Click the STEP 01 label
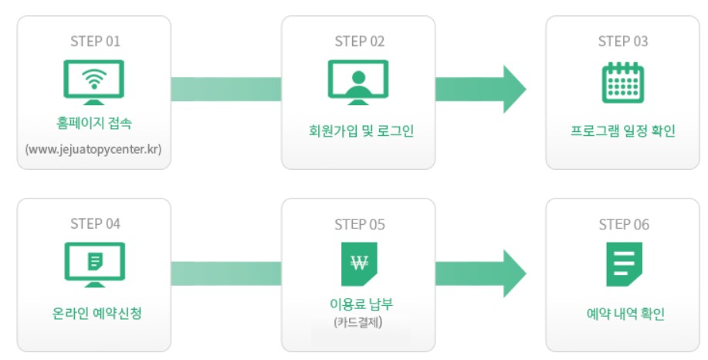[94, 41]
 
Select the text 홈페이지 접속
[93, 124]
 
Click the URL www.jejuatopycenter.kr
[93, 148]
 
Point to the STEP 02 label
[358, 41]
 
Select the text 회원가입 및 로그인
[358, 131]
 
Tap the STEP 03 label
[622, 41]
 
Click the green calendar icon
[622, 83]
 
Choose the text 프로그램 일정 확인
[622, 131]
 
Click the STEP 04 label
[94, 224]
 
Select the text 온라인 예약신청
[93, 314]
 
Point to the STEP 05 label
[358, 224]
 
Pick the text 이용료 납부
[358, 305]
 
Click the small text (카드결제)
[358, 323]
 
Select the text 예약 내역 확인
[622, 314]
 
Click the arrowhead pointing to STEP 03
[513, 89]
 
